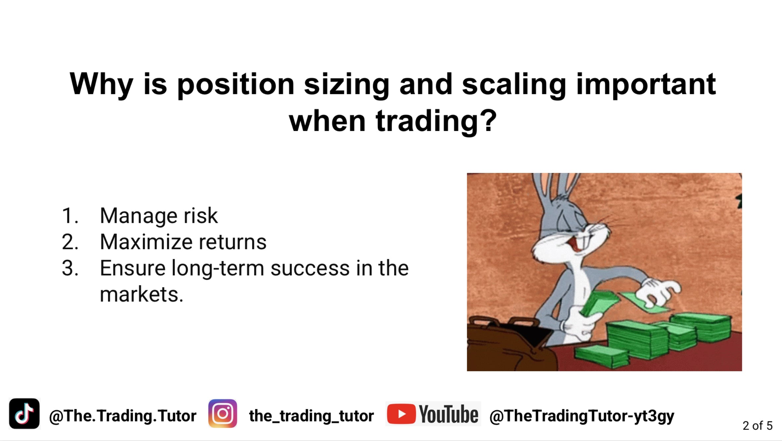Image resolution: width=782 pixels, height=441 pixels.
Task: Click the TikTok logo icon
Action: click(24, 414)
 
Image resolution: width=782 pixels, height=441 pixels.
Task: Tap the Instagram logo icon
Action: click(223, 414)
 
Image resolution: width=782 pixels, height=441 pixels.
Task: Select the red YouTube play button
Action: click(401, 414)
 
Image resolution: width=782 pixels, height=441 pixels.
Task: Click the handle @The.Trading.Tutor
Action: click(123, 416)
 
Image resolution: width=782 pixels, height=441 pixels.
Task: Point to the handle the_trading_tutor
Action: click(311, 416)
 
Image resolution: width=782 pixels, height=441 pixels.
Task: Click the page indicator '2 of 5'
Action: click(758, 425)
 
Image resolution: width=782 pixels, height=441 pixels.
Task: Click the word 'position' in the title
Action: click(236, 84)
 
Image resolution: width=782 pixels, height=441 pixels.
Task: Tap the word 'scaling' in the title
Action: click(514, 84)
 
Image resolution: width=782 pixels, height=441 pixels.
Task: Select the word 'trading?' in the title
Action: click(436, 121)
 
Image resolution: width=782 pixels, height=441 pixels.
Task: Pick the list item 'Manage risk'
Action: click(159, 216)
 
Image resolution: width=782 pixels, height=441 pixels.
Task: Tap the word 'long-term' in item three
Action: click(218, 268)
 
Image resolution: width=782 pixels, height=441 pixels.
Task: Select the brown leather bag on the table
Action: click(511, 344)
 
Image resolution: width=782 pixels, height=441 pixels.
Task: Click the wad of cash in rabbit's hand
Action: click(599, 302)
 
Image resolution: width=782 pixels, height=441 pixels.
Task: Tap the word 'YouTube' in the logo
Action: click(449, 414)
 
